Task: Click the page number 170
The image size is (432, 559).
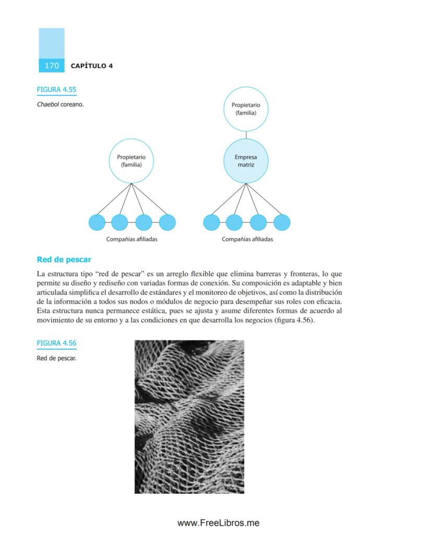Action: (52, 66)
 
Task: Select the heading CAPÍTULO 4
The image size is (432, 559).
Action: (92, 66)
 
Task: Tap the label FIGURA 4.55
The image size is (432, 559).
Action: (56, 90)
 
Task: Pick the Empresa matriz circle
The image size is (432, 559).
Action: (246, 161)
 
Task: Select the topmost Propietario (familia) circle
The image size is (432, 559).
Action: (246, 109)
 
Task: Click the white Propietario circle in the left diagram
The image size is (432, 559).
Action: (131, 161)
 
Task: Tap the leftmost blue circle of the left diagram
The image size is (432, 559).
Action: (97, 222)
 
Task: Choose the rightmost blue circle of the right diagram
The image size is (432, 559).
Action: (282, 222)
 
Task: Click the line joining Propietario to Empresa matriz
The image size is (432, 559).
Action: (246, 135)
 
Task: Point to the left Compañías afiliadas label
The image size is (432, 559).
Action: (131, 240)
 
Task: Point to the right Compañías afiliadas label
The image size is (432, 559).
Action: (247, 240)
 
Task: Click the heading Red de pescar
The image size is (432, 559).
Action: (64, 259)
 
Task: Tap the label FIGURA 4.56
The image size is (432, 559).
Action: (56, 343)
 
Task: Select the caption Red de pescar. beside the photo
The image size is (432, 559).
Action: (56, 358)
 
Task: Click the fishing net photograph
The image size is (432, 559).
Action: (189, 417)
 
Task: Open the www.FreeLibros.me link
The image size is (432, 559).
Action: (218, 523)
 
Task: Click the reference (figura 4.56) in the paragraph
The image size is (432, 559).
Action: (294, 320)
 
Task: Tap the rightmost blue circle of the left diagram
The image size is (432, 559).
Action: (167, 222)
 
